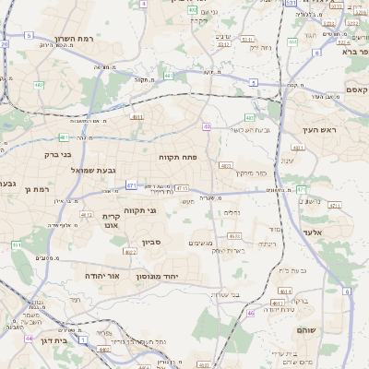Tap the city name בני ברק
(x=58, y=155)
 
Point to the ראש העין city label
(x=320, y=130)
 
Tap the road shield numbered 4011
(x=137, y=117)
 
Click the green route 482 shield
(x=39, y=85)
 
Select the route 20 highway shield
(x=5, y=43)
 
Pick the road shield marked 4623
(x=234, y=235)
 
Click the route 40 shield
(x=207, y=126)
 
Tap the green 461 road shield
(x=17, y=245)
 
